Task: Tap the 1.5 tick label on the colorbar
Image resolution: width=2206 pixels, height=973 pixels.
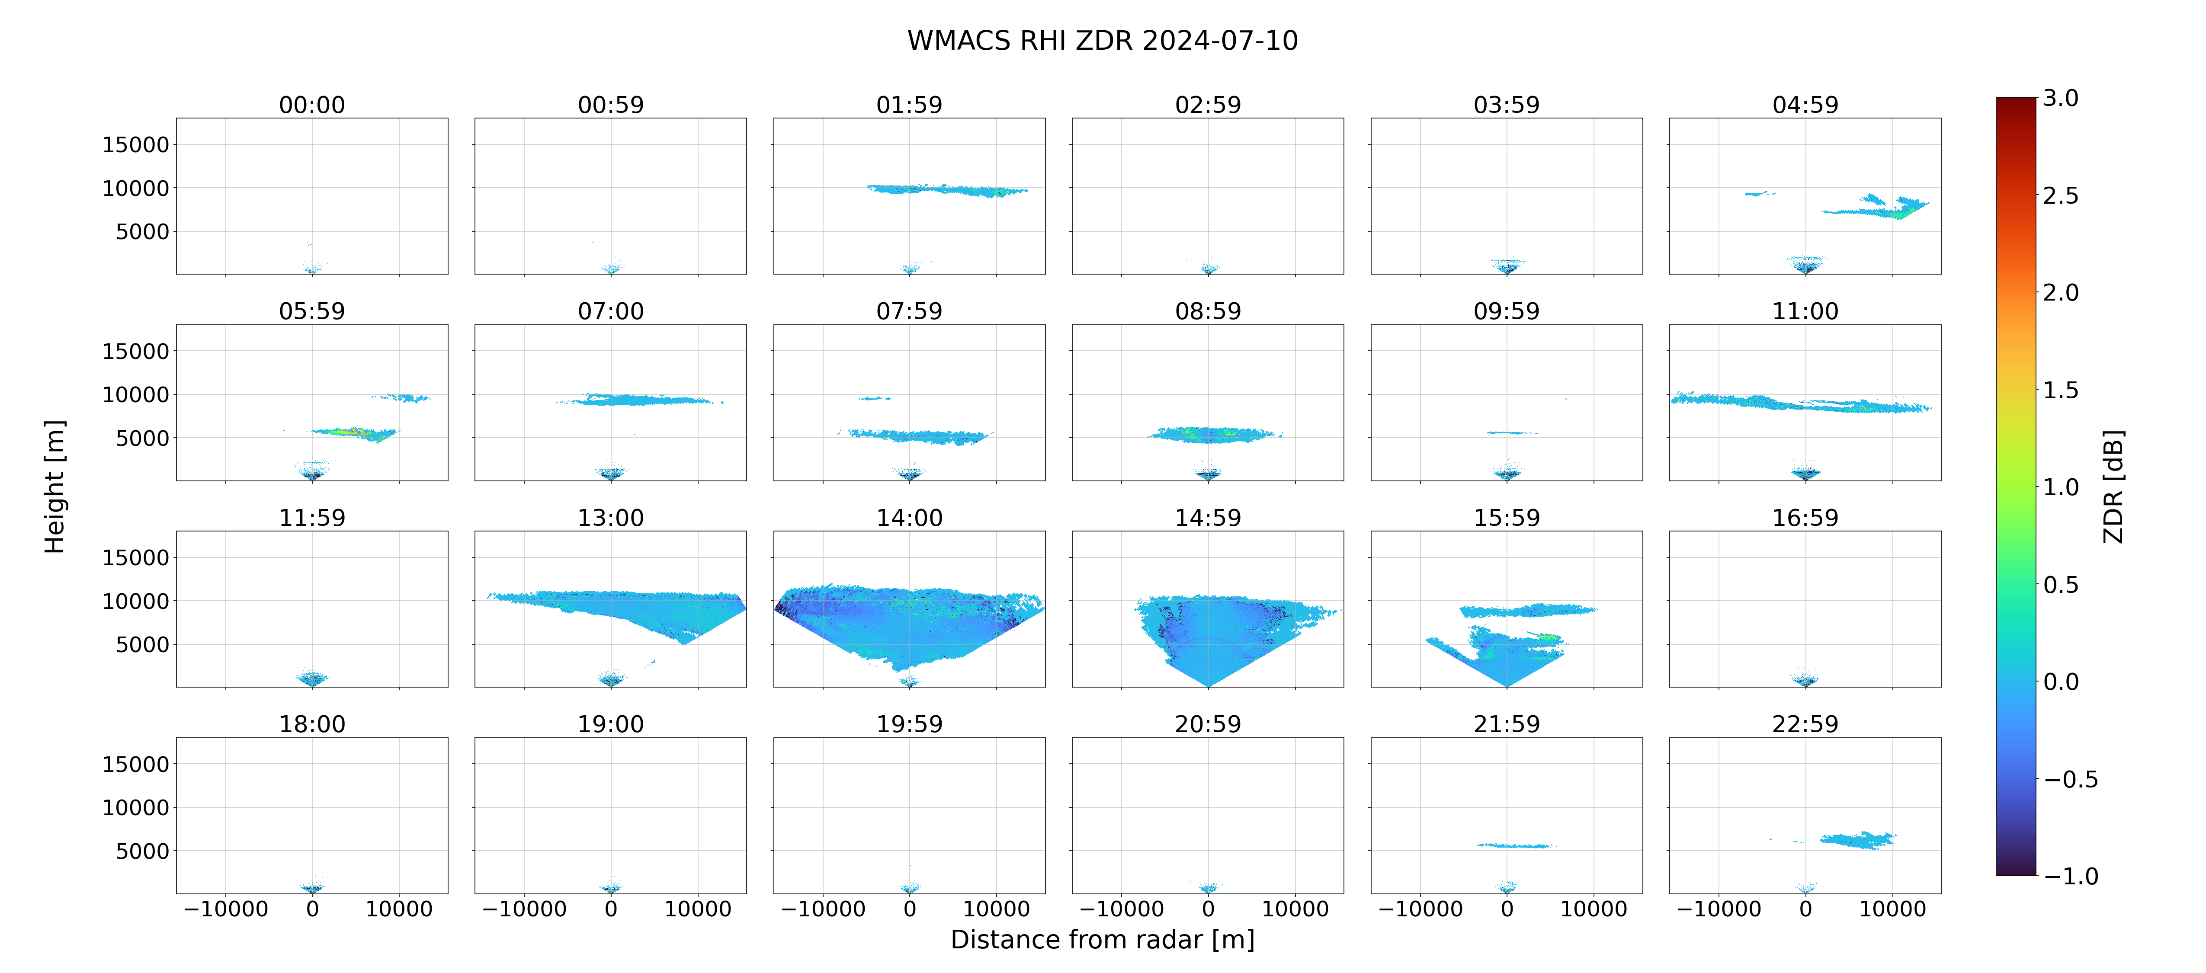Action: click(x=2060, y=390)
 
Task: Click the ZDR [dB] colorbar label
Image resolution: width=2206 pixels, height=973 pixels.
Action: click(x=2113, y=486)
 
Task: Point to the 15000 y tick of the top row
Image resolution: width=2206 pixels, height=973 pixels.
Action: click(x=135, y=145)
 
